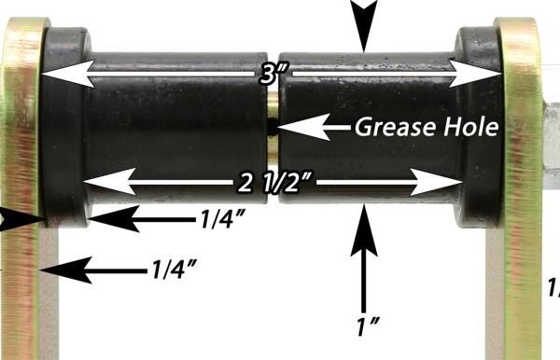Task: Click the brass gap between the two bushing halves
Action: (x=272, y=121)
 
